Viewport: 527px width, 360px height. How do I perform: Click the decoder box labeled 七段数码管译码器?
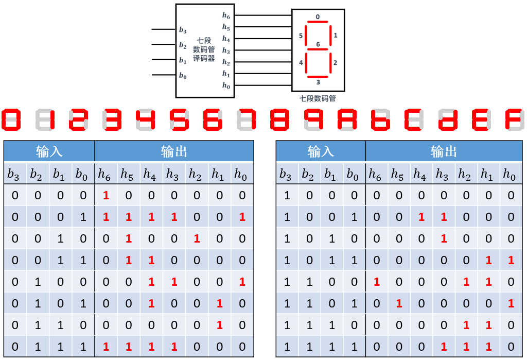204,50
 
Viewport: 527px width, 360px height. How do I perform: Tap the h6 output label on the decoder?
226,16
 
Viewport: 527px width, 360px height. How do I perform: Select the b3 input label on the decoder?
183,30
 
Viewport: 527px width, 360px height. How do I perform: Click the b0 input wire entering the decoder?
164,75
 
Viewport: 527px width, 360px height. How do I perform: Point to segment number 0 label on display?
318,17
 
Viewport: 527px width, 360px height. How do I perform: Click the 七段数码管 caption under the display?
318,98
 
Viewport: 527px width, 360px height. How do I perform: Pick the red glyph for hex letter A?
348,119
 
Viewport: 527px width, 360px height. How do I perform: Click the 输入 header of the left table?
49,151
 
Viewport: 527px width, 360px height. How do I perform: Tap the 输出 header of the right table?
444,151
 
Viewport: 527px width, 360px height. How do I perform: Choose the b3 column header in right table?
286,175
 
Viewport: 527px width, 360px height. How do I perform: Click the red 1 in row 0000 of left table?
106,196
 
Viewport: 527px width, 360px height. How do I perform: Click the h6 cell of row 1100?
376,282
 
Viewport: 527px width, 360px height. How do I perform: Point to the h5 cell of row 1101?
398,304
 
